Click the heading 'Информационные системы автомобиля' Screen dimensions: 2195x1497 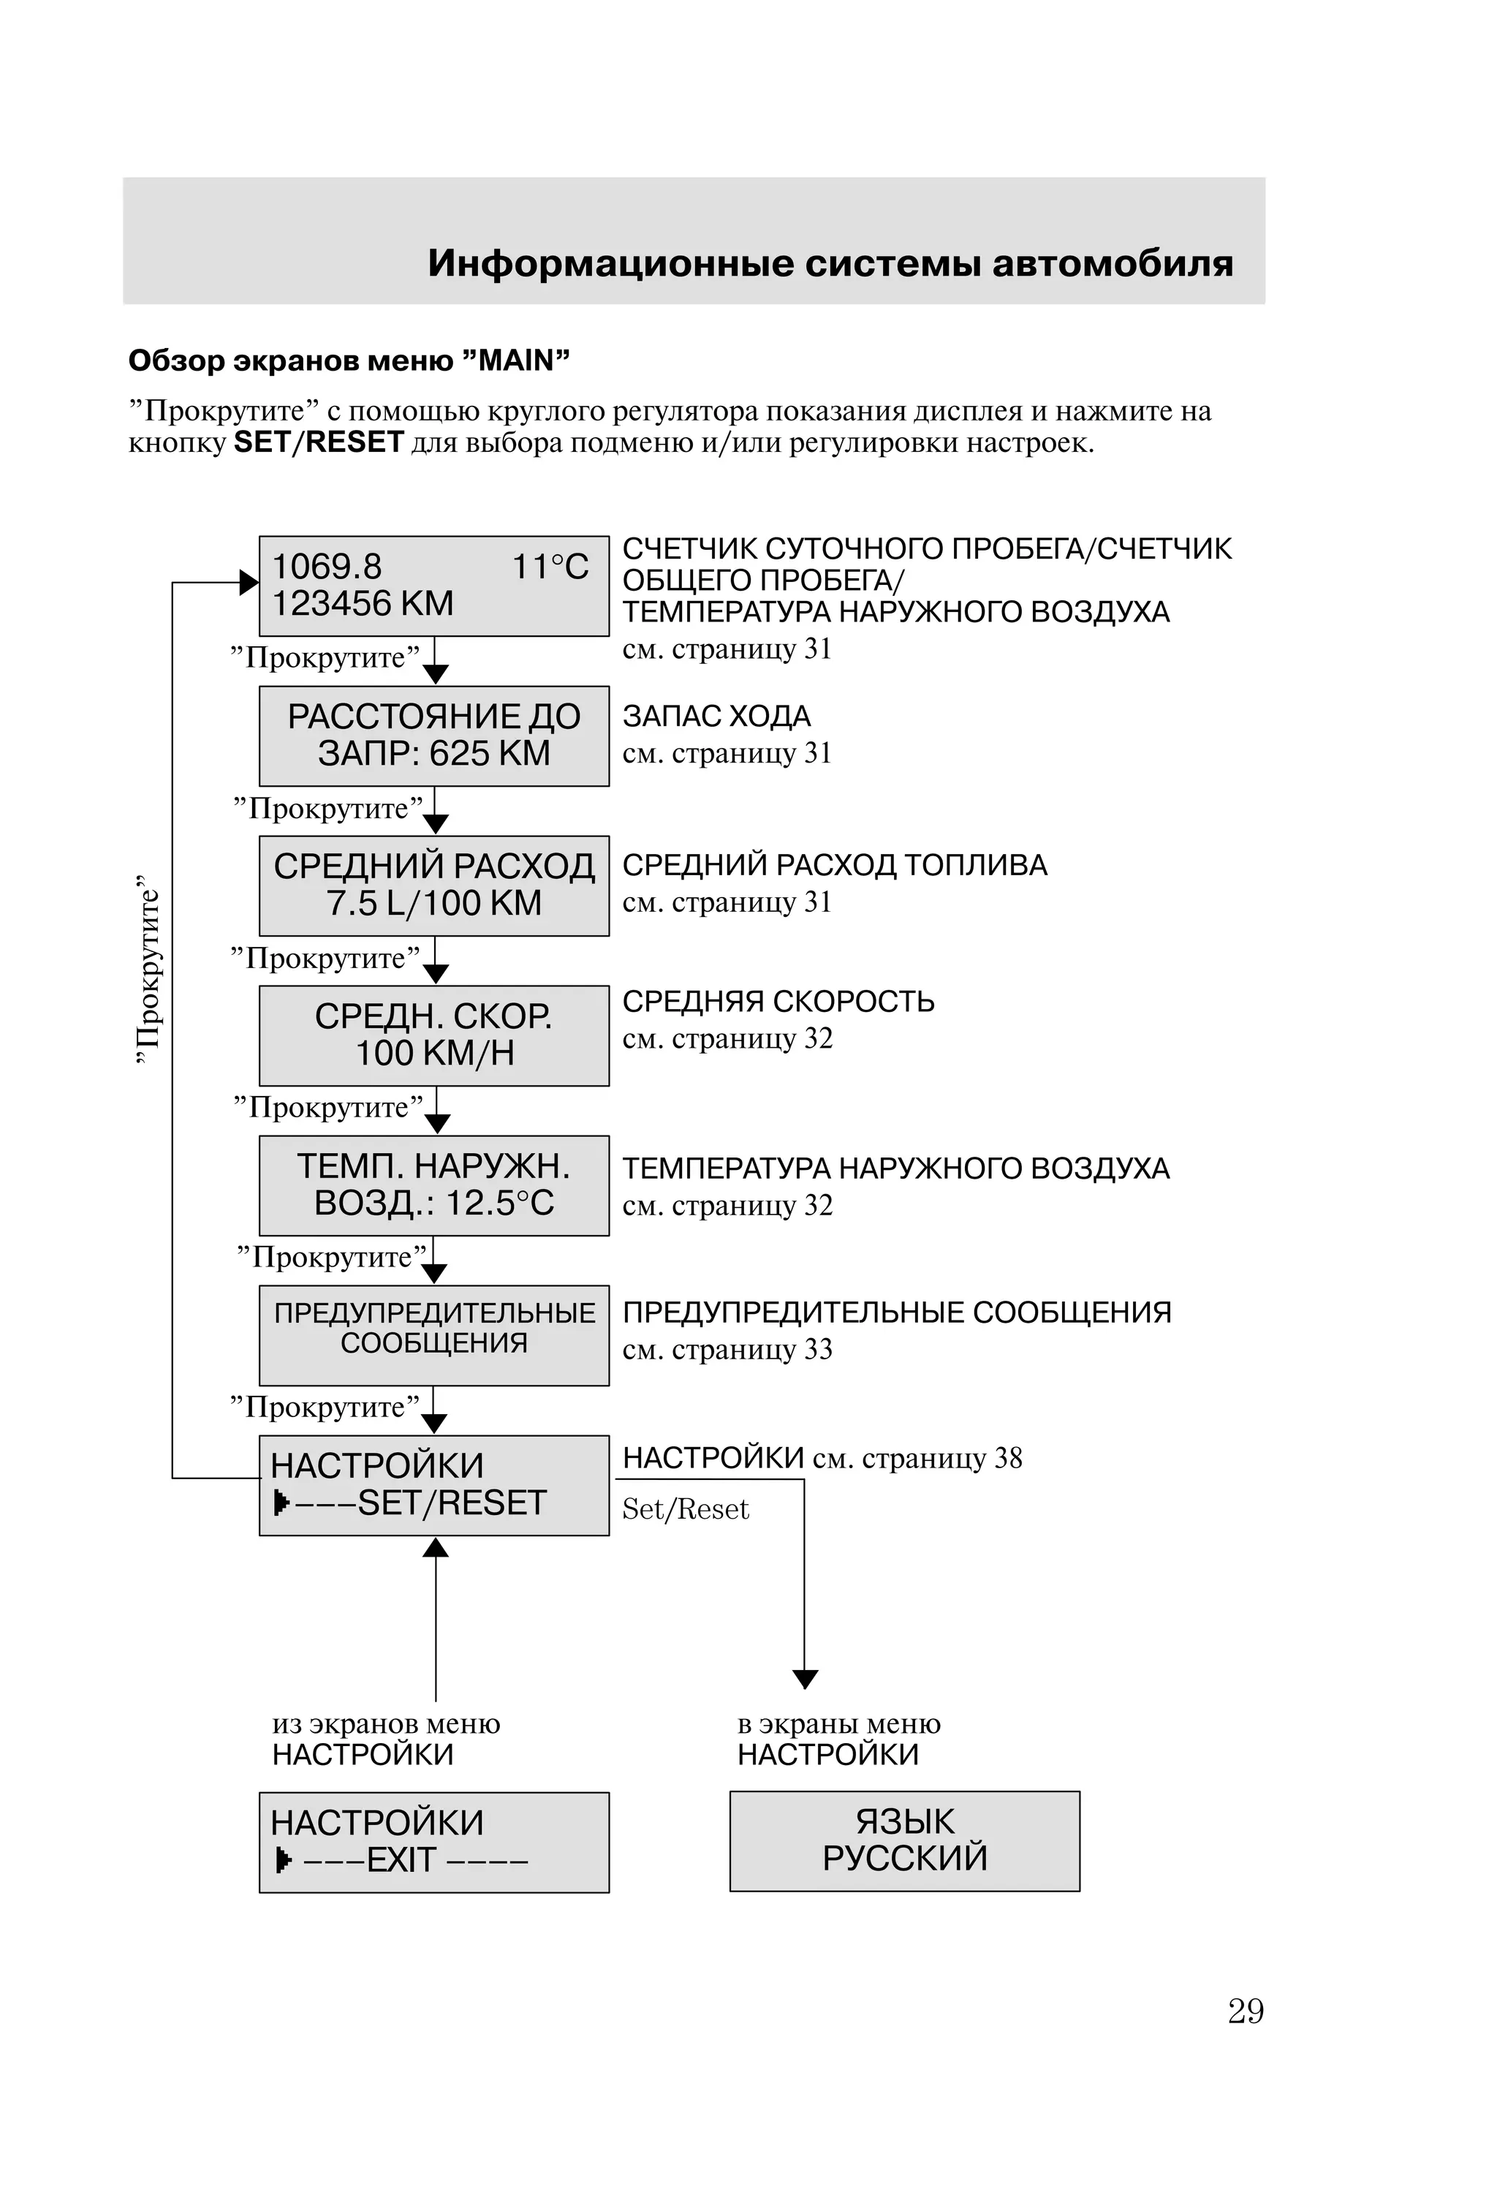click(x=830, y=263)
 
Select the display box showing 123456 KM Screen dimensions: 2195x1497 click(x=433, y=586)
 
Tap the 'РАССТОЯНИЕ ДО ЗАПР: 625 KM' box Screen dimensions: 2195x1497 click(x=433, y=736)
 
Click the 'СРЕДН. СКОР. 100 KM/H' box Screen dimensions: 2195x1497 click(x=433, y=1035)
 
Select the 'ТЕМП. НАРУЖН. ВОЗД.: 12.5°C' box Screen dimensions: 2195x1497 click(x=433, y=1185)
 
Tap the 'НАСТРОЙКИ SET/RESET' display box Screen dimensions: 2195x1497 click(x=433, y=1485)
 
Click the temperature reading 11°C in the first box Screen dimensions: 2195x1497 click(x=550, y=567)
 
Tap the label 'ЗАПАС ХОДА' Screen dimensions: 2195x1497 click(x=716, y=717)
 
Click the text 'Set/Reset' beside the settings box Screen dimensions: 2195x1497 click(x=685, y=1509)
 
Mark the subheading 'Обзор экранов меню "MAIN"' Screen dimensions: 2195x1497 click(x=349, y=360)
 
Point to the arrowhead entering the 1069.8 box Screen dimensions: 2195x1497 click(x=249, y=583)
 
